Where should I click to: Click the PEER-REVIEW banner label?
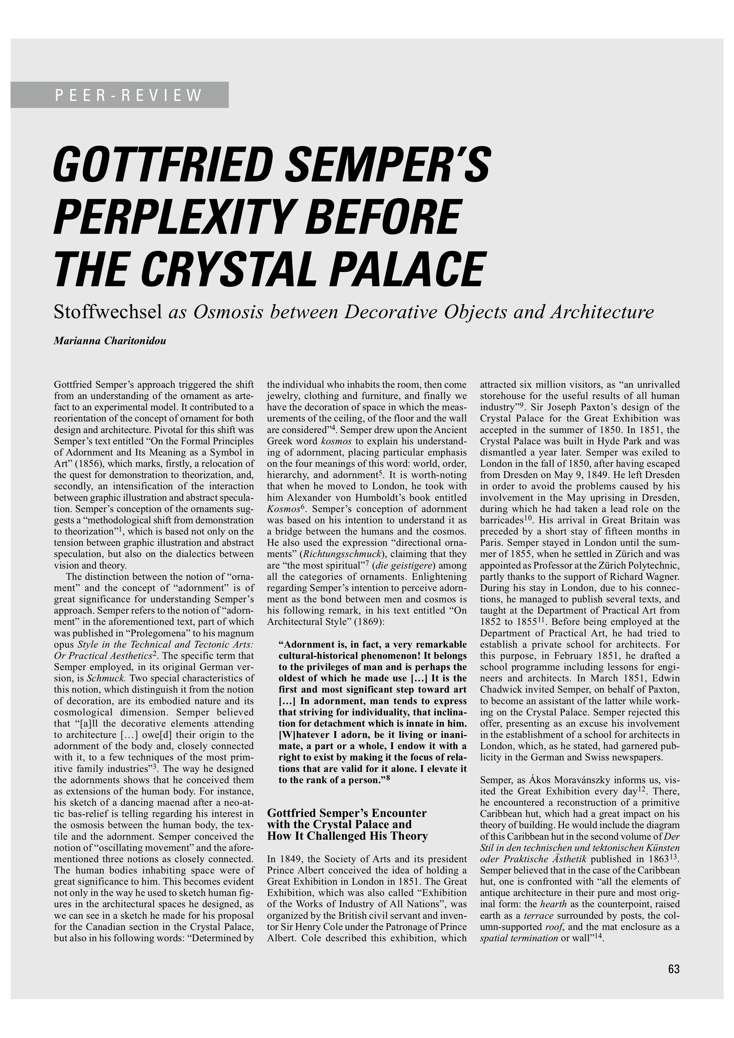(128, 95)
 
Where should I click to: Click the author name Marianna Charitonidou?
(110, 341)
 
